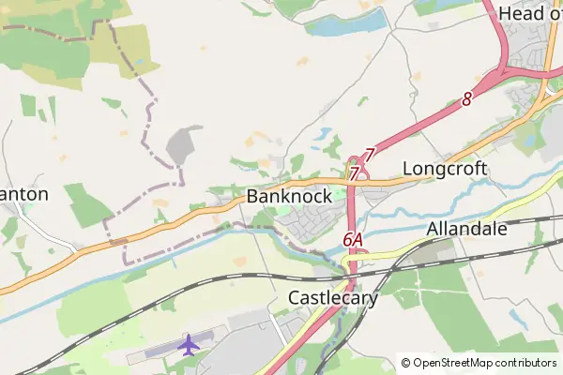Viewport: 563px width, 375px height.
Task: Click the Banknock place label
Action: [x=289, y=197]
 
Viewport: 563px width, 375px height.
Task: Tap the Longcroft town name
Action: [x=445, y=169]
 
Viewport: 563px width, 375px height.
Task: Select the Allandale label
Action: [x=466, y=229]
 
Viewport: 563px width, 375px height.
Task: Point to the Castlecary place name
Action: [x=332, y=298]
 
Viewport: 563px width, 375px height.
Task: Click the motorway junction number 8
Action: [x=466, y=98]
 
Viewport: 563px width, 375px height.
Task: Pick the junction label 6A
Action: [x=353, y=240]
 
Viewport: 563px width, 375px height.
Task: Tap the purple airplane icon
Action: [x=189, y=344]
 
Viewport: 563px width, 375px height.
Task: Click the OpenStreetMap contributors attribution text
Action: [x=484, y=363]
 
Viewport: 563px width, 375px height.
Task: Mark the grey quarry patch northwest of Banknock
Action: [x=181, y=145]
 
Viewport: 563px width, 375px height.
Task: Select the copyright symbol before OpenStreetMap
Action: [x=405, y=363]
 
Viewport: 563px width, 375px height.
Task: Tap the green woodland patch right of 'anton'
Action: [x=88, y=205]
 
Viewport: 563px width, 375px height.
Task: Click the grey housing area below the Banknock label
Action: [x=310, y=223]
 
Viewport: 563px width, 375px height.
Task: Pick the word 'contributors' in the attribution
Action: [x=525, y=363]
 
